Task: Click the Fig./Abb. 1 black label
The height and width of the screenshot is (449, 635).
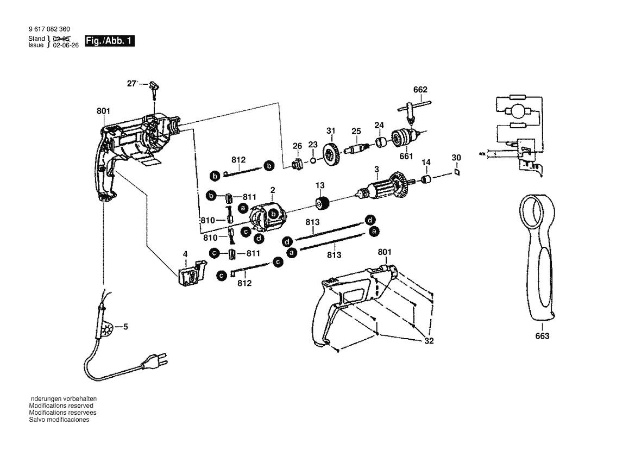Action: point(109,41)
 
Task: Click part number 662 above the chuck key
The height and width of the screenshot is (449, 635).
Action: point(420,90)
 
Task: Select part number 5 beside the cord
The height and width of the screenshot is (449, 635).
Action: point(125,327)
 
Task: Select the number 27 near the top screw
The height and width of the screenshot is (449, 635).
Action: point(131,83)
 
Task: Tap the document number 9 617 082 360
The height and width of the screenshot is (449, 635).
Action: point(47,29)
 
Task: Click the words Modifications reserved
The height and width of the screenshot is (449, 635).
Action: point(61,406)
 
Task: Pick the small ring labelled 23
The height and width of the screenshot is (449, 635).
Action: point(313,161)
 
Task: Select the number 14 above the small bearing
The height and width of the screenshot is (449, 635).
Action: point(426,162)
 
